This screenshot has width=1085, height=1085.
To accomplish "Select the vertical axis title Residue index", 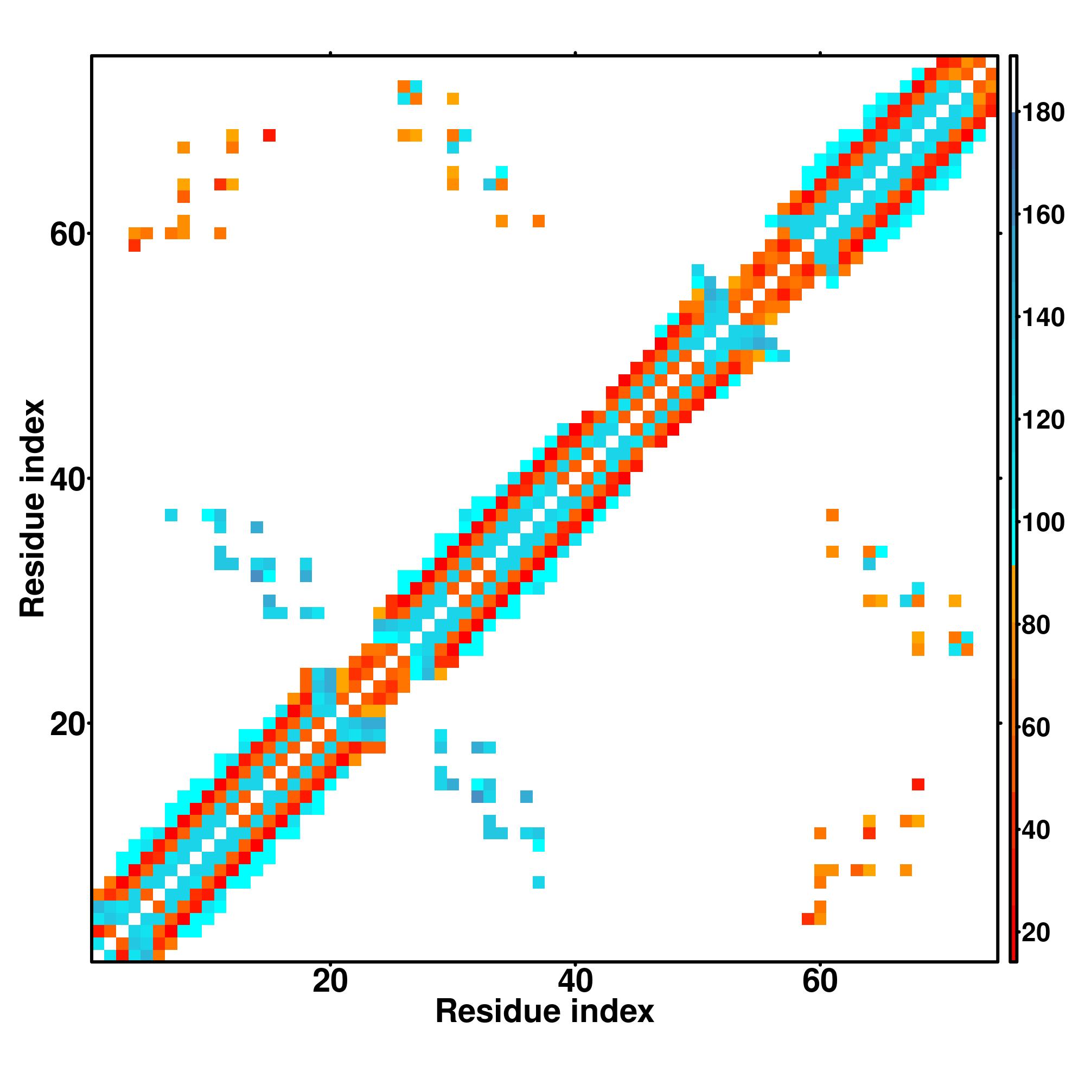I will coord(32,508).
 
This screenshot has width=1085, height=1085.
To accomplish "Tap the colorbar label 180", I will coord(1042,113).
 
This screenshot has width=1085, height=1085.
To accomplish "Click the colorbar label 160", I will coord(1042,215).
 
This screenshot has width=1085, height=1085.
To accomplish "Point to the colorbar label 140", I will coord(1042,318).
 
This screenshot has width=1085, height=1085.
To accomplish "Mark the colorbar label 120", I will coord(1042,420).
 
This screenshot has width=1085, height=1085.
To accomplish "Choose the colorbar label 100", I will coord(1042,523).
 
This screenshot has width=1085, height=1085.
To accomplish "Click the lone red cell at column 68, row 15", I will coord(918,784).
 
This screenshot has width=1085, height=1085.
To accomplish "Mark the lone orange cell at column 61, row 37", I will coord(832,515).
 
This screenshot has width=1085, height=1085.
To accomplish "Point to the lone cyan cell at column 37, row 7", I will coord(539,882).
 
